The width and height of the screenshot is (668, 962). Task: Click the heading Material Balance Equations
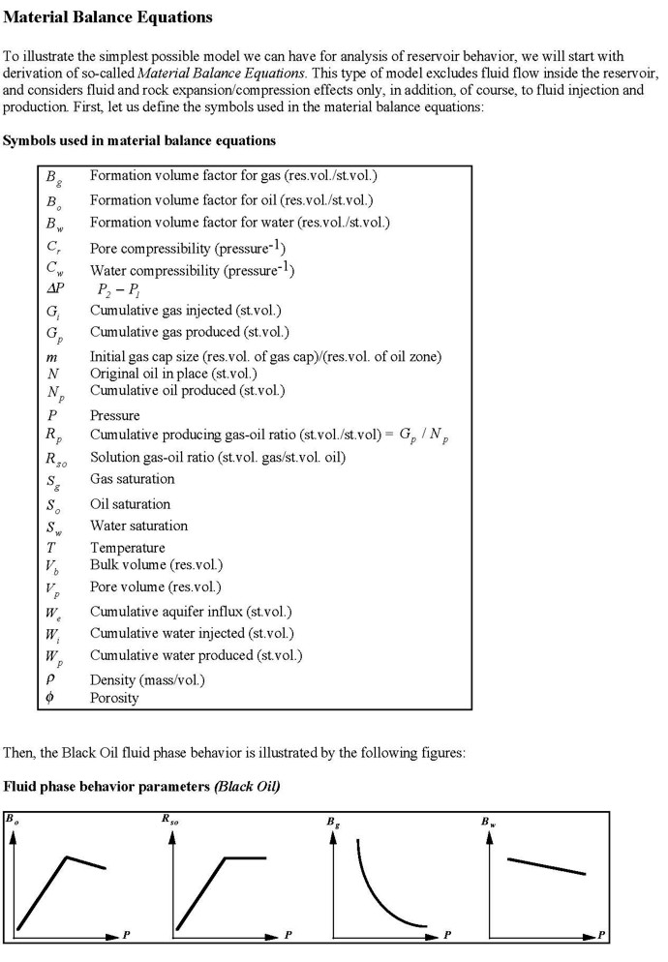[108, 17]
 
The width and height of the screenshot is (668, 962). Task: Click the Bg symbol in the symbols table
[51, 178]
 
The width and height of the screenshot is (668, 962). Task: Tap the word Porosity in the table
[114, 697]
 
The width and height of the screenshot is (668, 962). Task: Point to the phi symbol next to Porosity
[50, 697]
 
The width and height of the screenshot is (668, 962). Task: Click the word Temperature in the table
[127, 548]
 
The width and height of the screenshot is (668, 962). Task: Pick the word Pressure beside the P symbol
[115, 415]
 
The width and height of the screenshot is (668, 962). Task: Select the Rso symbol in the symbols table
[54, 459]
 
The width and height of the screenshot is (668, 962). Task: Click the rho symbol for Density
[50, 678]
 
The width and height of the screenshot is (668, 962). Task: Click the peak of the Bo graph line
[66, 857]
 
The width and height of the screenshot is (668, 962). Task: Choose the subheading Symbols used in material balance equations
[139, 140]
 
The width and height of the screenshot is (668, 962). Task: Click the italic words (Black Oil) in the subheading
[247, 786]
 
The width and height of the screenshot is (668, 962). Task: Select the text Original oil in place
[145, 374]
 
